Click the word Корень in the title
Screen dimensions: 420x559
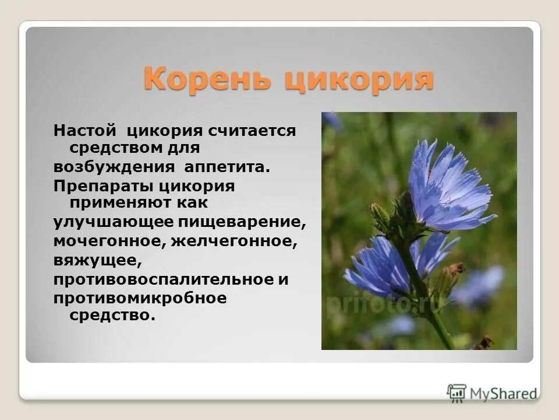tap(207, 79)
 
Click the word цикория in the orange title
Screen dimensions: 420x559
tap(359, 79)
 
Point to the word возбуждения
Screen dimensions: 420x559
tap(114, 167)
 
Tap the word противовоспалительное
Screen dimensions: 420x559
tap(162, 279)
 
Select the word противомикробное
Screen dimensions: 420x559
tap(140, 297)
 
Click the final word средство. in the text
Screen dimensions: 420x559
tap(113, 316)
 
